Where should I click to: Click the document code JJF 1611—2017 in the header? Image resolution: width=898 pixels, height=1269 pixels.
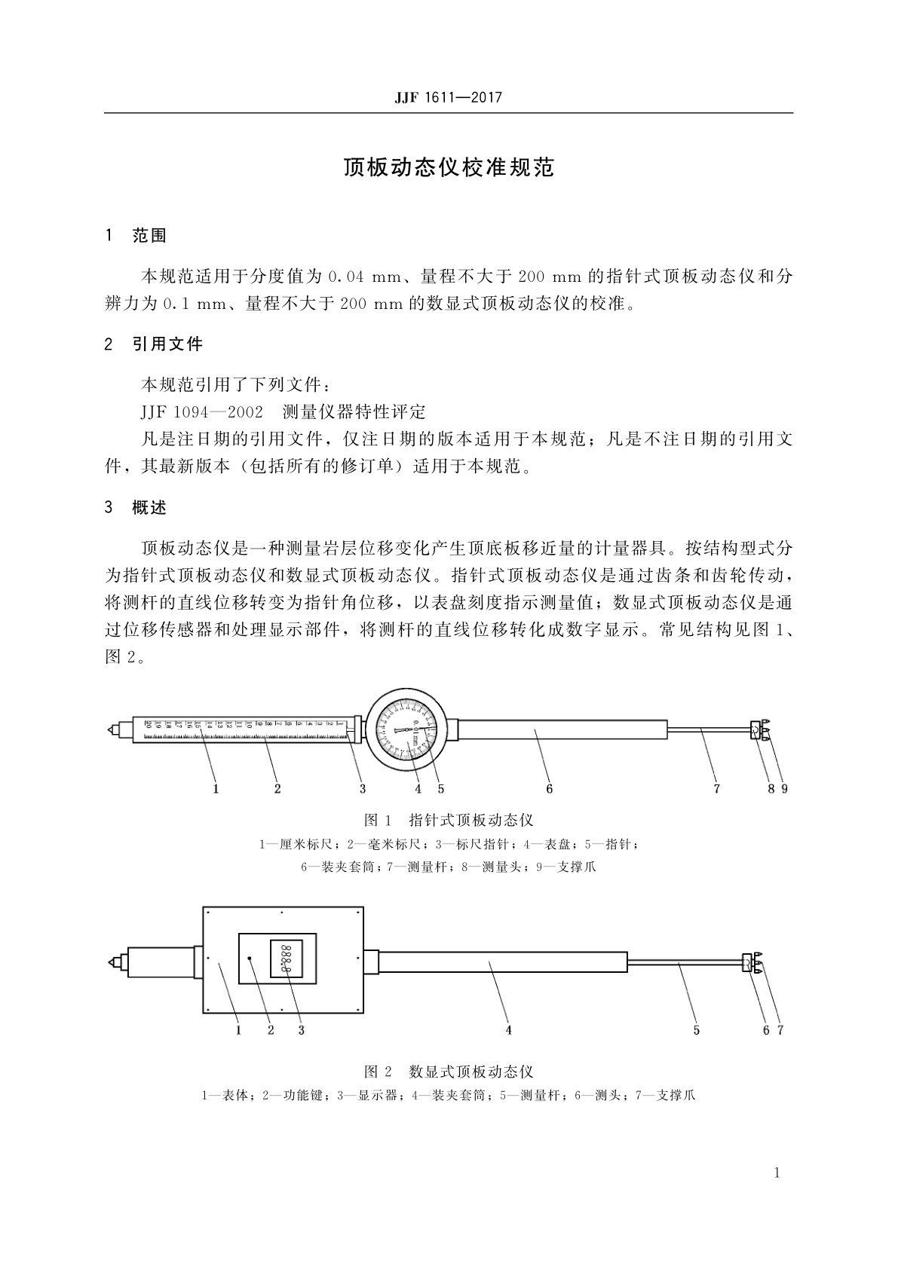448,98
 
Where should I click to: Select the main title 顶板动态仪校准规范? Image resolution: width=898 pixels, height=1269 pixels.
449,167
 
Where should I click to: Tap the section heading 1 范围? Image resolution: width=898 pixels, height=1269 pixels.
136,236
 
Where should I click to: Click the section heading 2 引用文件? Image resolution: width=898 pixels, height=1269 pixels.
155,344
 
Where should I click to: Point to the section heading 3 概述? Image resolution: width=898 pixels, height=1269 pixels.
136,507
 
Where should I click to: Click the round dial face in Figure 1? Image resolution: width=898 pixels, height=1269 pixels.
406,731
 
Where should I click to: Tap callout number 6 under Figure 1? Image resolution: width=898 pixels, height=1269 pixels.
550,788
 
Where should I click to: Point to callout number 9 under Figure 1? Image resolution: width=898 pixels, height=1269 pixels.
784,788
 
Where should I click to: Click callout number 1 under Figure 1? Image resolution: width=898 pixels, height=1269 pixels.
216,788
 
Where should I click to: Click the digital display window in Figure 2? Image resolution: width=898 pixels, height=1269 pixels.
287,958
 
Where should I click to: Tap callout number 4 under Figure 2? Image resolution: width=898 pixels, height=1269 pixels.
509,1029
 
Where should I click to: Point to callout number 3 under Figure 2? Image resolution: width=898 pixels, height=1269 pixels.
301,1029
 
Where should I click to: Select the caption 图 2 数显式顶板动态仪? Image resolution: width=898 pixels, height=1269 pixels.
449,1071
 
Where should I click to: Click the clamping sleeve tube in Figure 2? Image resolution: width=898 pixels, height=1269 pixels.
503,962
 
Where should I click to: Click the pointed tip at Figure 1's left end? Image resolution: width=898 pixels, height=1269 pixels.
112,729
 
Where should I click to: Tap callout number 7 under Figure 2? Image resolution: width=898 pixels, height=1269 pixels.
780,1029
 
